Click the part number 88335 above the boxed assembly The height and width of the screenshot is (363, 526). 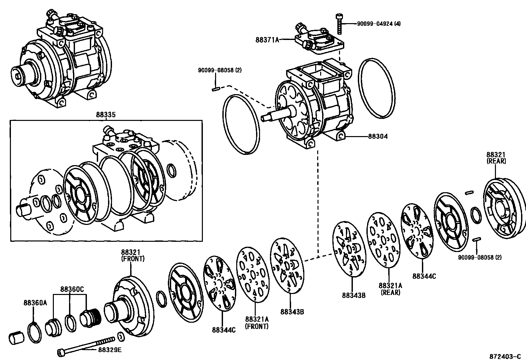(106, 115)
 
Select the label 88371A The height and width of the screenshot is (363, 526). (267, 40)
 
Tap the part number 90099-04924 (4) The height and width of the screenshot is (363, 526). (379, 24)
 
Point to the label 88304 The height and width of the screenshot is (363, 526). (378, 136)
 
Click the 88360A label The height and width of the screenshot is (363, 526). (35, 303)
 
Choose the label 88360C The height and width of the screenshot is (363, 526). (72, 289)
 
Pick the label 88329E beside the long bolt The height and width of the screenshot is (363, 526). (110, 349)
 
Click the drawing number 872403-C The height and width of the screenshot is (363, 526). (505, 356)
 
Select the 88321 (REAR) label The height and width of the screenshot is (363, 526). (496, 158)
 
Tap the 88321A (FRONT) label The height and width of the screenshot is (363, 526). (257, 323)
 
